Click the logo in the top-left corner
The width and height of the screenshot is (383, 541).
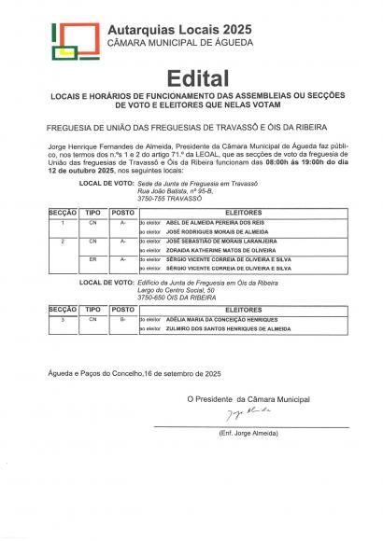(74, 38)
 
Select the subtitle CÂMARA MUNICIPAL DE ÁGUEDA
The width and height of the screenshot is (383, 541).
(178, 45)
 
